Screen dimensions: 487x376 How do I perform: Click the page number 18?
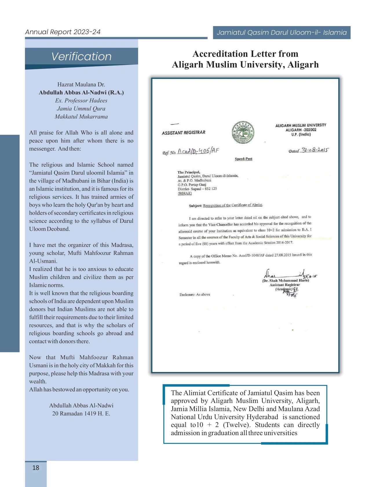pos(36,468)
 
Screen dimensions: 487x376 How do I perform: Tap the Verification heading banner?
pos(81,56)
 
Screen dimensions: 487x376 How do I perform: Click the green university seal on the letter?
pos(243,132)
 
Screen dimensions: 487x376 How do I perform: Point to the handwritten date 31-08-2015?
pos(315,150)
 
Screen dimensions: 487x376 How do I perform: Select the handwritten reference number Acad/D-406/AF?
pos(198,151)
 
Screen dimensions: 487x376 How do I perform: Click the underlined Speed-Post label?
pos(243,159)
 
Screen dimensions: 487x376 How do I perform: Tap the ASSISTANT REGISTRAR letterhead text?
pos(183,132)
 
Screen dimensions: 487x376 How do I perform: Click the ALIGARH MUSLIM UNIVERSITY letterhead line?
pos(301,125)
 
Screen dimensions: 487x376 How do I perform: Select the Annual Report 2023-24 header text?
pos(63,32)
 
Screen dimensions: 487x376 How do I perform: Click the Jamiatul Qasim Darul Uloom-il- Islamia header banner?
pos(282,32)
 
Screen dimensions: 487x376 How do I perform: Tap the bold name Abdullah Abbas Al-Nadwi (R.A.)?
pos(81,92)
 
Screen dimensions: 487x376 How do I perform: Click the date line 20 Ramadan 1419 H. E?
pos(81,413)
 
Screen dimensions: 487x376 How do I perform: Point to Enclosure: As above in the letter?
pos(195,294)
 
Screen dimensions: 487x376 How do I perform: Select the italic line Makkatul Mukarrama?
pos(81,116)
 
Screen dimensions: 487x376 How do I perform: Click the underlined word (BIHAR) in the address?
pos(185,193)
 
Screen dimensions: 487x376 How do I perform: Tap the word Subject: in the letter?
pos(195,206)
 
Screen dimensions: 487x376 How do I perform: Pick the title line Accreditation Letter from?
pos(245,54)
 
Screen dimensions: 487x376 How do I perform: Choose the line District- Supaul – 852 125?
pos(197,189)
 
